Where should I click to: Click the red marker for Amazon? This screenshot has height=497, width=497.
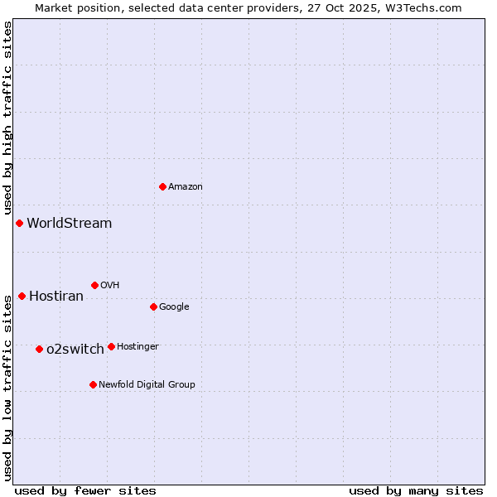point(162,186)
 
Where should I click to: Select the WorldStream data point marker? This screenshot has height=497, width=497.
point(19,223)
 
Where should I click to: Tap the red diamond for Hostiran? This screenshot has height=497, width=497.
point(22,296)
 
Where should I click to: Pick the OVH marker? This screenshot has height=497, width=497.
point(94,285)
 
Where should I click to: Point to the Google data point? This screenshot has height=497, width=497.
point(153,306)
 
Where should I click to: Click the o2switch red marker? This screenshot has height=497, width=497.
point(39,349)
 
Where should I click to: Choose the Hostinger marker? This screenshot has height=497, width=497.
point(111,346)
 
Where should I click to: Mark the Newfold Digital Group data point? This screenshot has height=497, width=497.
point(93,384)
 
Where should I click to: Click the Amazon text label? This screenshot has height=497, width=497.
point(186,186)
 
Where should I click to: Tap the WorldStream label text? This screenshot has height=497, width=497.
point(69,223)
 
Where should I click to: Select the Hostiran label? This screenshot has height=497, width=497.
point(56,296)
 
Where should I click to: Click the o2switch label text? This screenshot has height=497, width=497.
point(75,349)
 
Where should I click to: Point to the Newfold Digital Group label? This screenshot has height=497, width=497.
point(147,384)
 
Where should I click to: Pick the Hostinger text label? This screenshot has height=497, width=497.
point(138,346)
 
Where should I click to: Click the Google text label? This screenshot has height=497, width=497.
point(174,306)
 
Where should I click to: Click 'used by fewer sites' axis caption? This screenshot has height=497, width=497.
point(85,490)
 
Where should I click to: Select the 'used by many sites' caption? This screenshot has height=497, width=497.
point(416,490)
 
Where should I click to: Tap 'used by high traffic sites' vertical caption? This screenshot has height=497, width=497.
point(7,118)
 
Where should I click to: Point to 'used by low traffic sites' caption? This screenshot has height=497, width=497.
point(7,387)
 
